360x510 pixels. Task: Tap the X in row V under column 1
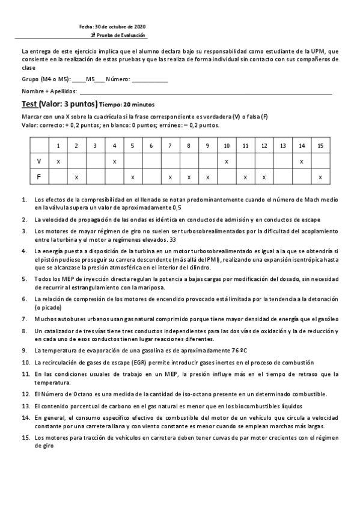tap(58, 161)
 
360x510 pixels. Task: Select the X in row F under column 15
tap(320, 177)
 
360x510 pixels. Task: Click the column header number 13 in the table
tap(282, 146)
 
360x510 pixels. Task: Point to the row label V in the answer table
tap(39, 161)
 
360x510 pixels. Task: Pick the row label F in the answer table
tap(39, 177)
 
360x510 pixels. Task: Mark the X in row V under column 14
tap(301, 161)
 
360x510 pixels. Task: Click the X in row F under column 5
tap(132, 177)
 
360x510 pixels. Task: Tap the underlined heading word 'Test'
tap(29, 104)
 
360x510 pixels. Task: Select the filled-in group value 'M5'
tap(91, 79)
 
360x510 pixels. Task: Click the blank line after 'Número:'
tap(150, 79)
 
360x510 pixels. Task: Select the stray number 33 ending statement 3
tap(173, 239)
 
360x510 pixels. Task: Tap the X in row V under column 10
tap(226, 161)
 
